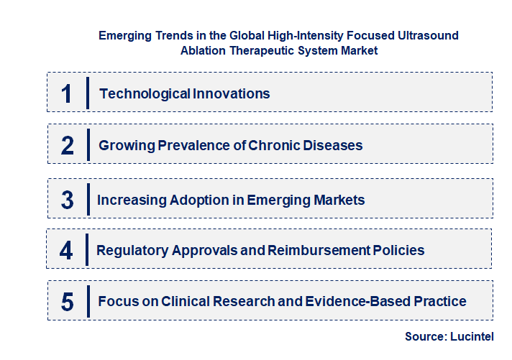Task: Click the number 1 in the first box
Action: (66, 93)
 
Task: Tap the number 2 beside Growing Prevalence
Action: (68, 146)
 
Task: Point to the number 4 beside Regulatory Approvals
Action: (66, 251)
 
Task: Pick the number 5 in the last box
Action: (68, 302)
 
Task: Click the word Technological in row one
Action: (144, 93)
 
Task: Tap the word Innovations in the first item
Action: (231, 93)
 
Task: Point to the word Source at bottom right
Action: (426, 336)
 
